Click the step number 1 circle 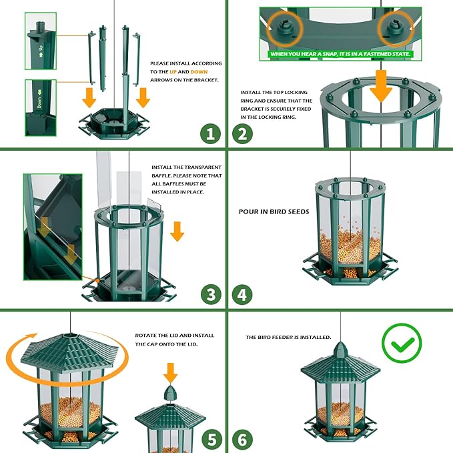210,134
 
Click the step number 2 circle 243,134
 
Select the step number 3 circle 210,294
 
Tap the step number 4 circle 243,294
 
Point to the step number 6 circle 243,440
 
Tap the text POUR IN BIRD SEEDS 274,211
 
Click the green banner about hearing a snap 340,54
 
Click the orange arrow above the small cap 171,372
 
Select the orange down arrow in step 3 177,231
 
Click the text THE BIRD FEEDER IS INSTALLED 288,338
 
